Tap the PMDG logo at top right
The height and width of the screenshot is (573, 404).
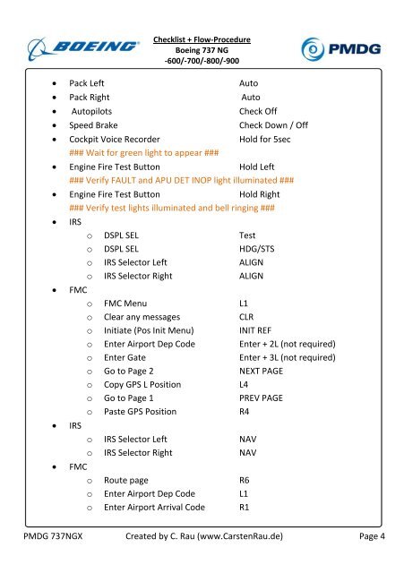[x=341, y=47]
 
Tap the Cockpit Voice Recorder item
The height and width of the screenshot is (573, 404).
[x=115, y=141]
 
